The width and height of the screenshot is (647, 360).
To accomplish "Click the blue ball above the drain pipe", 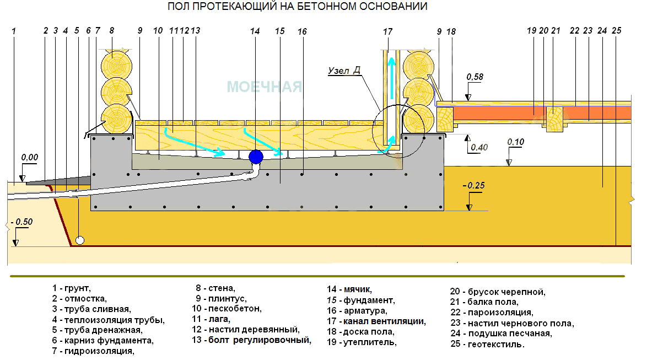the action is (256, 157).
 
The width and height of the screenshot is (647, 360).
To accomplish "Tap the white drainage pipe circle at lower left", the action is (80, 240).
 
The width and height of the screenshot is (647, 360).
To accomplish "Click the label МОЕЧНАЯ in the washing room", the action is (265, 87).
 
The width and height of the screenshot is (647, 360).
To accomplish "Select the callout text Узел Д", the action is (344, 71).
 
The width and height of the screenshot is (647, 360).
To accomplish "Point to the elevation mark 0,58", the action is (475, 77).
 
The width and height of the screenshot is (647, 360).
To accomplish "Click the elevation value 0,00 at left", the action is (30, 157).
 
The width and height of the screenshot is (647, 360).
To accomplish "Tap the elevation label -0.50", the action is (22, 222).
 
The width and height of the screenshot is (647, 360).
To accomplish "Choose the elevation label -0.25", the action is (474, 185).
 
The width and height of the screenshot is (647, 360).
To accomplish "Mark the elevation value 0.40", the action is (479, 147).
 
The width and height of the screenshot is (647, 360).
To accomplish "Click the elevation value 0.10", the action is (516, 142).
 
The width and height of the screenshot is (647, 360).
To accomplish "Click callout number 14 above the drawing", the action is (255, 31).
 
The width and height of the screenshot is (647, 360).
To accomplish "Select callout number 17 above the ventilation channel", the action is (387, 32).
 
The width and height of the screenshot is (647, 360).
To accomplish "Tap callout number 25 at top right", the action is (617, 30).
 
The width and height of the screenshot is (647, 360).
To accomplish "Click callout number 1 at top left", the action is (14, 31).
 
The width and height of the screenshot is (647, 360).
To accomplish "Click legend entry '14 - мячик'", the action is (349, 289).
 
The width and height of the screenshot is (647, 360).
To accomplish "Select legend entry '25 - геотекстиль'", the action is (487, 344).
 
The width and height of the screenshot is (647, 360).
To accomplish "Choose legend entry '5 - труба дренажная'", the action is (98, 330).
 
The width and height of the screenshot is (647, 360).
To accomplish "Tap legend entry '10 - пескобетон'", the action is (227, 308).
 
